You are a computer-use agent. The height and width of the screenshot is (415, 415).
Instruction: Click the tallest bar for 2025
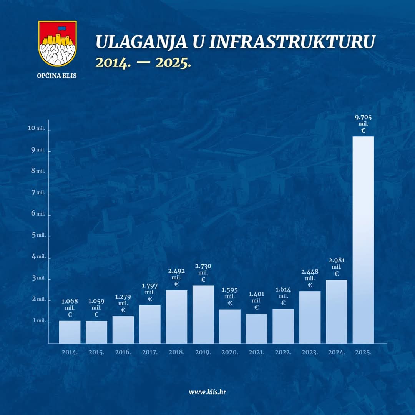coord(363,240)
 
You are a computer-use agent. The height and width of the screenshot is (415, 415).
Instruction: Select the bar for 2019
coord(203,314)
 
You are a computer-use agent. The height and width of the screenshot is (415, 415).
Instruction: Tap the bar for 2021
coord(257,328)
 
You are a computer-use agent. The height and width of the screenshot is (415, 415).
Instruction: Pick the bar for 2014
coord(70,332)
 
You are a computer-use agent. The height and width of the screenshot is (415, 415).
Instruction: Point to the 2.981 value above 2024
coord(337,261)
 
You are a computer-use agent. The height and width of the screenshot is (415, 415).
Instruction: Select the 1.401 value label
coord(257,294)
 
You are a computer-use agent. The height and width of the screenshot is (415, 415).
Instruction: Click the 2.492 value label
coord(176,271)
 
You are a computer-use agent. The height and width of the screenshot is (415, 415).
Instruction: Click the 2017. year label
coord(150,352)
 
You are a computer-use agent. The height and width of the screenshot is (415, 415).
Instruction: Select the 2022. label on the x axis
coord(283,352)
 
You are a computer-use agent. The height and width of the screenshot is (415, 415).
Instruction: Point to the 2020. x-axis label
coord(230,352)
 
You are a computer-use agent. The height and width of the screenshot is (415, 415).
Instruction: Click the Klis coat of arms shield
coord(57,43)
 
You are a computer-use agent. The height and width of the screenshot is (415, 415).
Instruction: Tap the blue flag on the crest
coord(61,28)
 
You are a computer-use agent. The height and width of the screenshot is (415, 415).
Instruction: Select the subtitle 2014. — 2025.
coord(143,63)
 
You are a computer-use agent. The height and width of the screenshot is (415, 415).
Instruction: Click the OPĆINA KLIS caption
coord(57,76)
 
